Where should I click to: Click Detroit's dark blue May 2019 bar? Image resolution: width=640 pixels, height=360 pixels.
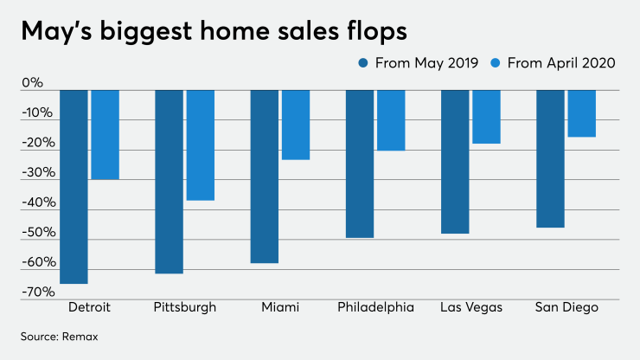[x=74, y=186]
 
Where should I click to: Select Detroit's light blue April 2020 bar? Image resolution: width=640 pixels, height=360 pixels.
[x=105, y=134]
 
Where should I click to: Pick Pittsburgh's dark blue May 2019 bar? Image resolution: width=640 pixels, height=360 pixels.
[x=169, y=181]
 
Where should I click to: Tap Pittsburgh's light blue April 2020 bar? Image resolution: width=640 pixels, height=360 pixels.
[x=200, y=145]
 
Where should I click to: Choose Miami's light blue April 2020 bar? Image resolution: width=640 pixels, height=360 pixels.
[x=295, y=125]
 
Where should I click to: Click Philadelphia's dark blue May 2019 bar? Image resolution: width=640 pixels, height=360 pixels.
[x=359, y=164]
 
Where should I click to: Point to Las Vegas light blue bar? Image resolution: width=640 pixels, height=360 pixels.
[x=486, y=116]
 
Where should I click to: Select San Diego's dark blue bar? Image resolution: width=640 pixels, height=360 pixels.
[x=550, y=158]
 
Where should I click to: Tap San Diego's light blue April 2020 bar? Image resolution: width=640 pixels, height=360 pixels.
[x=581, y=113]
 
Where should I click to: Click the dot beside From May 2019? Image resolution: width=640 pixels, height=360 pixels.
[x=362, y=62]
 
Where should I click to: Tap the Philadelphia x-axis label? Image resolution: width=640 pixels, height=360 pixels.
[x=374, y=307]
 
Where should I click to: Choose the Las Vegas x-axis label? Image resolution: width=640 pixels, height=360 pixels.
[x=470, y=307]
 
